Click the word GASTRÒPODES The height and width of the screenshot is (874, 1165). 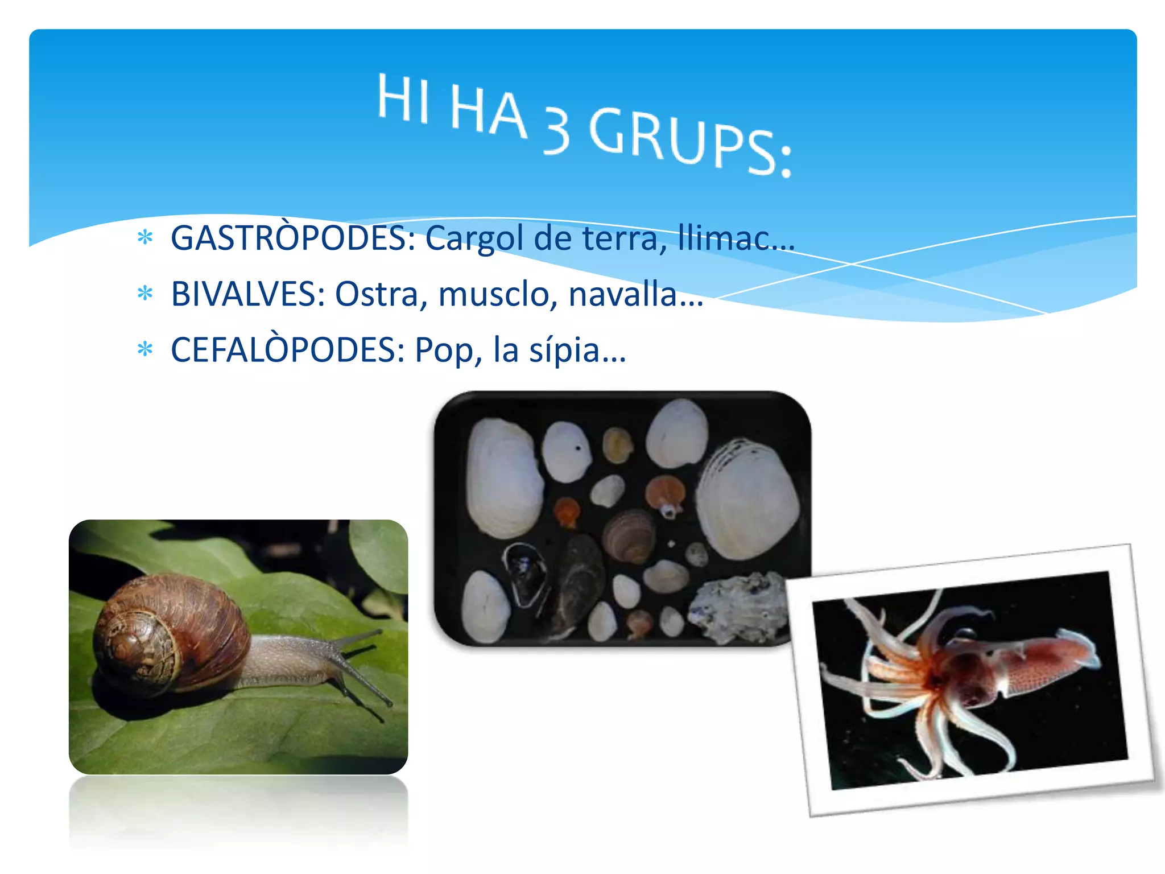tap(293, 238)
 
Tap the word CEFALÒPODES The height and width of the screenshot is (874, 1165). tap(287, 349)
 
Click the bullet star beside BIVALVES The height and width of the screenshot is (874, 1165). tap(146, 294)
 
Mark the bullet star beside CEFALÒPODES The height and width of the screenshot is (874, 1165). tap(146, 349)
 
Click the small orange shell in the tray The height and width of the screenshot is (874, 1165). tap(567, 510)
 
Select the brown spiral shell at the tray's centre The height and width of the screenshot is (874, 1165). tap(629, 535)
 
